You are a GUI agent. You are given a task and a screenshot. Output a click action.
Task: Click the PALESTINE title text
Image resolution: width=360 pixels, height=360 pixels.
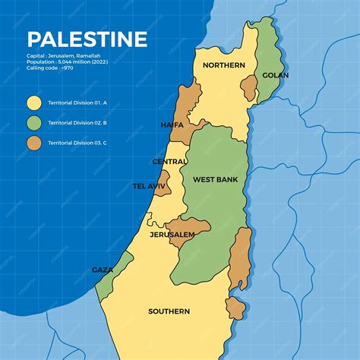tap(87, 39)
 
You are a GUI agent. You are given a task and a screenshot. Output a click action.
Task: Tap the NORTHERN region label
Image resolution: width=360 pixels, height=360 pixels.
tap(223, 65)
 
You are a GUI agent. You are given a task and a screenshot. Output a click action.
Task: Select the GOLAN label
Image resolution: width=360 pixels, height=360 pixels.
tap(275, 75)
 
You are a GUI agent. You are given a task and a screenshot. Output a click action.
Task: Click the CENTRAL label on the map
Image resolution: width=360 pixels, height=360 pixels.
tap(170, 162)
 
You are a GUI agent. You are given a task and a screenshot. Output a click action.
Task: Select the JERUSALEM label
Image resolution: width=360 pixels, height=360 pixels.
tap(172, 235)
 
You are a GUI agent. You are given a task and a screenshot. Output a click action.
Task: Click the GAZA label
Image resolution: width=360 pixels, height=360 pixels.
tap(103, 270)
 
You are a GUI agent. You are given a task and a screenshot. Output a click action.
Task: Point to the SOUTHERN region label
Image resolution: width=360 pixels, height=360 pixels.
tap(169, 311)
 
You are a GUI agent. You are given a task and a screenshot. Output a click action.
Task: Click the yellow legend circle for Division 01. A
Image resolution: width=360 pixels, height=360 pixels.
tap(33, 102)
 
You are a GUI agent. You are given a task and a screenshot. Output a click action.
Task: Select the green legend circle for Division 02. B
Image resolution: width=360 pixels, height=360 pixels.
tap(33, 122)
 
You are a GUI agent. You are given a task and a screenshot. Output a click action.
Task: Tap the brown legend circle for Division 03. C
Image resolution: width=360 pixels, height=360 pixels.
tap(33, 142)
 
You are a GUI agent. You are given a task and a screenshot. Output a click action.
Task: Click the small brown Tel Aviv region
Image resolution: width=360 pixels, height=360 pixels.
tap(163, 185)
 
